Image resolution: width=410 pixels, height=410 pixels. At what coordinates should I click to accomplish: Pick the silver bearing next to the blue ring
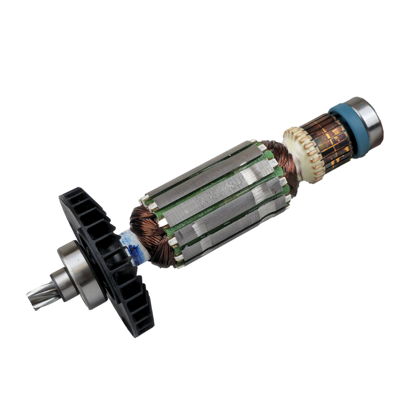(x=367, y=121)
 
